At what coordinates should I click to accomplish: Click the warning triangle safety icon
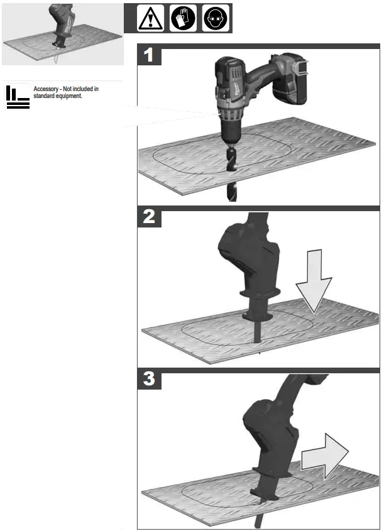[150, 18]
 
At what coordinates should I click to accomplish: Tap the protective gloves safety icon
[183, 18]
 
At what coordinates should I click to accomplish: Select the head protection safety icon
[215, 18]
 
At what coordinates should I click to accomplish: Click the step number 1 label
[149, 55]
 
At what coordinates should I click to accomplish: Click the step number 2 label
[149, 218]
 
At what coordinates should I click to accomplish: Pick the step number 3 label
[149, 380]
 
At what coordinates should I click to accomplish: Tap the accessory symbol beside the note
[17, 96]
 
